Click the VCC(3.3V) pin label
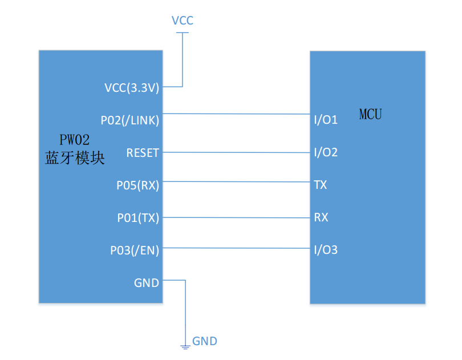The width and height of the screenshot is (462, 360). coord(132,88)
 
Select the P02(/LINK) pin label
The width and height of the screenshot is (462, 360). coord(130,120)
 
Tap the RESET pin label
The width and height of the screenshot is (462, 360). coord(143,153)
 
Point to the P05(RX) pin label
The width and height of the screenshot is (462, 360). coord(138,185)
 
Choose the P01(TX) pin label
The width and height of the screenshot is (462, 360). coord(138,217)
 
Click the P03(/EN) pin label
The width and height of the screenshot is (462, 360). coord(135,250)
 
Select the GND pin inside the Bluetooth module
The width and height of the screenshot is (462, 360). coord(147,282)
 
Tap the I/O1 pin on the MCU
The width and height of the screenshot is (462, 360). coord(326,120)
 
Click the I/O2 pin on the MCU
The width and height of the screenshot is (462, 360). coord(326,153)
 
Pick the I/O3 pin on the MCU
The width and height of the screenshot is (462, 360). coord(326,250)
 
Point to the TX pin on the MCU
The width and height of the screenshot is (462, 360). coord(321,185)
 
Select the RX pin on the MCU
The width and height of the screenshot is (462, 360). coord(321,217)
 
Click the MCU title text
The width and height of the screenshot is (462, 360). coord(370,114)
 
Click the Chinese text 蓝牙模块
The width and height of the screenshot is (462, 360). coord(75,159)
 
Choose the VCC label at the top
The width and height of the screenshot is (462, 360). coord(183,21)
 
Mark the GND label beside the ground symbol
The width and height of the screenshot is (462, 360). coord(205,342)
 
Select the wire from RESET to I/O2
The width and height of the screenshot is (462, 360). coord(236,152)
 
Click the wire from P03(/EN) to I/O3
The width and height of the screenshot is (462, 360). coord(236,248)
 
